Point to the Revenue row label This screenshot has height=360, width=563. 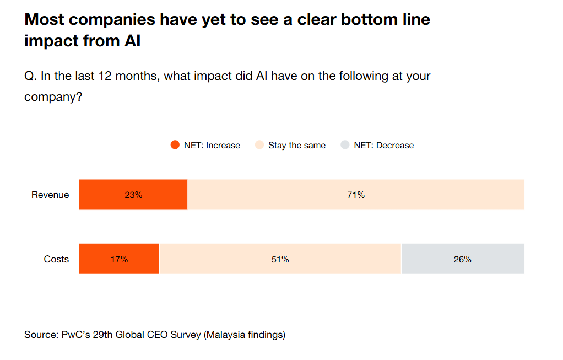coord(50,195)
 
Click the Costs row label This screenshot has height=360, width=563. coord(56,259)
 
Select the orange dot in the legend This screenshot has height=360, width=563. coord(175,146)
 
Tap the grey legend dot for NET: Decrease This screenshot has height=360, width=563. coord(345,146)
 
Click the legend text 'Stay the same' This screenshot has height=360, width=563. coord(297,146)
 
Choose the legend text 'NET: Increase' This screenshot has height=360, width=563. coord(212,146)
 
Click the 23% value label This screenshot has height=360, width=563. coord(133,195)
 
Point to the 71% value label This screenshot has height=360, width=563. coord(356,195)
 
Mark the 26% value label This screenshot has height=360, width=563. coord(463,259)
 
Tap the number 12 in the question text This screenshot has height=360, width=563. coord(105,76)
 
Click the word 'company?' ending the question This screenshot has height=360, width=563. coord(53,97)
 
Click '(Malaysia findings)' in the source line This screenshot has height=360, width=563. coord(245,335)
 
